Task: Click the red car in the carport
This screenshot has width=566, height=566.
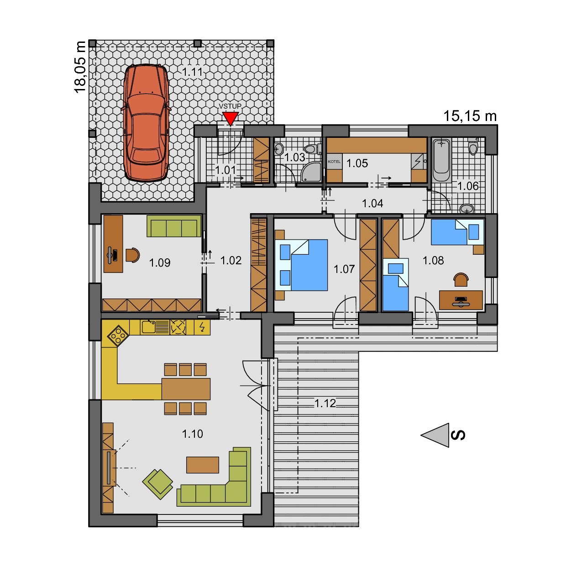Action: [146, 123]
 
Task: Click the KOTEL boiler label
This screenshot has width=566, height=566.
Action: [334, 162]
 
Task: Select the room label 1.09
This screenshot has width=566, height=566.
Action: [160, 262]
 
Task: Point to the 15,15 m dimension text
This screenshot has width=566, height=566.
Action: [470, 116]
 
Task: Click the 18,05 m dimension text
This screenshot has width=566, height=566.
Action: [80, 67]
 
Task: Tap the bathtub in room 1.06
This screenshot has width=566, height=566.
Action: [441, 160]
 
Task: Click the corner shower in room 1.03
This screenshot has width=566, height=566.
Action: [311, 172]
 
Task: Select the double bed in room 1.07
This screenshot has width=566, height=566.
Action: [301, 265]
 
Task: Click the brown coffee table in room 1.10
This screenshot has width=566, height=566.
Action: [203, 465]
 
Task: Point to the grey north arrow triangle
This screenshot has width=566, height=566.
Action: [435, 435]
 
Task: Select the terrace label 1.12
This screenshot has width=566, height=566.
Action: [325, 404]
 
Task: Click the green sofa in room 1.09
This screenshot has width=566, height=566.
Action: [174, 226]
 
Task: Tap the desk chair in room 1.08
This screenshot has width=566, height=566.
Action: [461, 280]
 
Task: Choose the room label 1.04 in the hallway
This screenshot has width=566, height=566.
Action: [372, 203]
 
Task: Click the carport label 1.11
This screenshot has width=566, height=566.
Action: [192, 72]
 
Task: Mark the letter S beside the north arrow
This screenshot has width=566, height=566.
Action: [458, 435]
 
